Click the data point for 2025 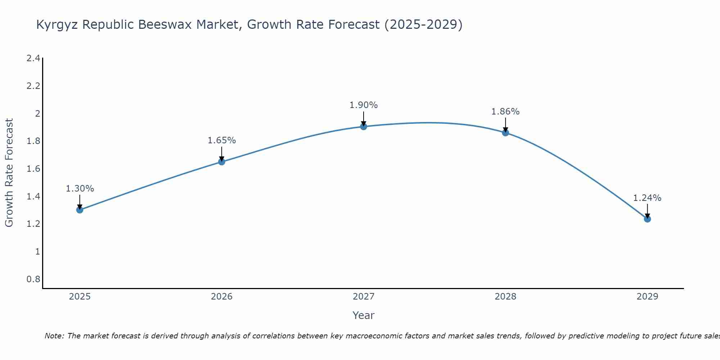point(80,210)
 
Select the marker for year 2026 point(222,162)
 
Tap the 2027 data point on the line point(364,126)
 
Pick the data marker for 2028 point(505,133)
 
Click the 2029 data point point(647,219)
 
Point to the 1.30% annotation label point(80,189)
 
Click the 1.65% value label point(222,140)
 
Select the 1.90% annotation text point(364,105)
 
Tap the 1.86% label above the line point(505,112)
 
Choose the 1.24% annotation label point(647,198)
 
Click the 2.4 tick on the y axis point(33,58)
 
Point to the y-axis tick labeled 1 point(37,252)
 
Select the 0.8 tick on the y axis point(33,279)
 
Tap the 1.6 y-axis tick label point(33,169)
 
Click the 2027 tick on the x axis point(364,297)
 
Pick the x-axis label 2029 point(647,297)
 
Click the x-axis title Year point(364,315)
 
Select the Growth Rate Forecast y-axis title point(9,173)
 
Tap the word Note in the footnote point(54,336)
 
